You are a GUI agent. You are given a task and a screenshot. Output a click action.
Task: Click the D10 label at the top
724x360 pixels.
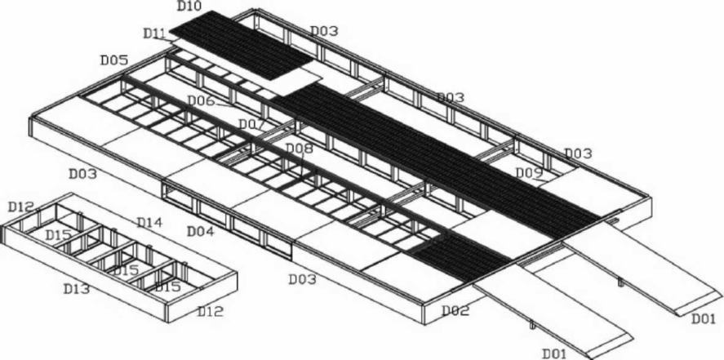click(189, 6)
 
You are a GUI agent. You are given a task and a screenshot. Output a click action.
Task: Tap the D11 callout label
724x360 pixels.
click(155, 33)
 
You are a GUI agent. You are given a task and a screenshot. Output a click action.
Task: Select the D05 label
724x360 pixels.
click(114, 60)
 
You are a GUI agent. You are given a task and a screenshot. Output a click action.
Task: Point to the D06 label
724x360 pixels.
click(202, 100)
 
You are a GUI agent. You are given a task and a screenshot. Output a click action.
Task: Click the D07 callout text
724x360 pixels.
click(251, 125)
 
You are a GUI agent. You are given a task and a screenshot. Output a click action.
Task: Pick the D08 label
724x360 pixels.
click(300, 148)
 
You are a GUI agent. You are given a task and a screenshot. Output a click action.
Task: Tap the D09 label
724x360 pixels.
click(529, 173)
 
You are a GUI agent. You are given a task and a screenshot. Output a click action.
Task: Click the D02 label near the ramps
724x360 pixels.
click(455, 311)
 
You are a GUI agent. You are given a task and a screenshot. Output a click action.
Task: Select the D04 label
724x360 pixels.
click(201, 231)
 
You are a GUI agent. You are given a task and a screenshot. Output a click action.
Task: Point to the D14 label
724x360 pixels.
click(149, 223)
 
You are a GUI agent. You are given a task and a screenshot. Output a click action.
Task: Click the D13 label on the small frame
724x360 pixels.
click(76, 289)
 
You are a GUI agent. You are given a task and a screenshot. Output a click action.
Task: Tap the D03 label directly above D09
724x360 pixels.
click(578, 153)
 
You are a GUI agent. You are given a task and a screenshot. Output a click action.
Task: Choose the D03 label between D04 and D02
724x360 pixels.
click(303, 279)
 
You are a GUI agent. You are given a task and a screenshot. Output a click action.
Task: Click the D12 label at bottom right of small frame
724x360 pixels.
click(211, 311)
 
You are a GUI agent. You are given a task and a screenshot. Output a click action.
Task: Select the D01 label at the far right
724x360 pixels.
click(704, 318)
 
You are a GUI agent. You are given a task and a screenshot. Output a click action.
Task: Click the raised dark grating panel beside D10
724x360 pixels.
click(241, 45)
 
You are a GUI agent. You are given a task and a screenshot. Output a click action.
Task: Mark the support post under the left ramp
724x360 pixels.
click(532, 325)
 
